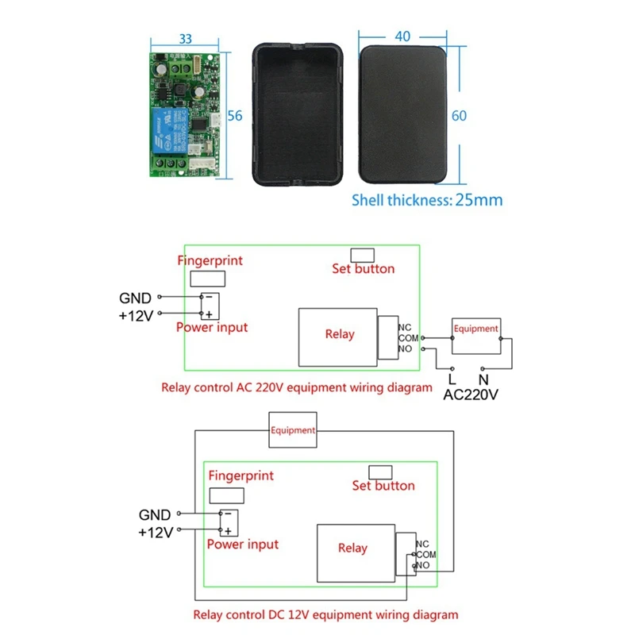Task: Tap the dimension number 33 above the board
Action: click(186, 37)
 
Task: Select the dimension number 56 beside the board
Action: click(234, 114)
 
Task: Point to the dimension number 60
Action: click(459, 115)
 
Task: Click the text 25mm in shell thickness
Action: click(479, 200)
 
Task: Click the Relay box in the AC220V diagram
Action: click(339, 334)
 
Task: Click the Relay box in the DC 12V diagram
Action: click(352, 548)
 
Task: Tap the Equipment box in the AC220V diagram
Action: click(475, 328)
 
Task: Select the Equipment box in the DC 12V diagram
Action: click(293, 430)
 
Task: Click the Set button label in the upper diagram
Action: click(363, 269)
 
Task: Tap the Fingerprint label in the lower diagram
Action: click(241, 475)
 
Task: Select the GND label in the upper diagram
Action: click(135, 298)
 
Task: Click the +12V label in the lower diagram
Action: click(156, 533)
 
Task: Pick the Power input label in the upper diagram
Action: click(212, 327)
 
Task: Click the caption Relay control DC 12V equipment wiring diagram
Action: click(325, 614)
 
